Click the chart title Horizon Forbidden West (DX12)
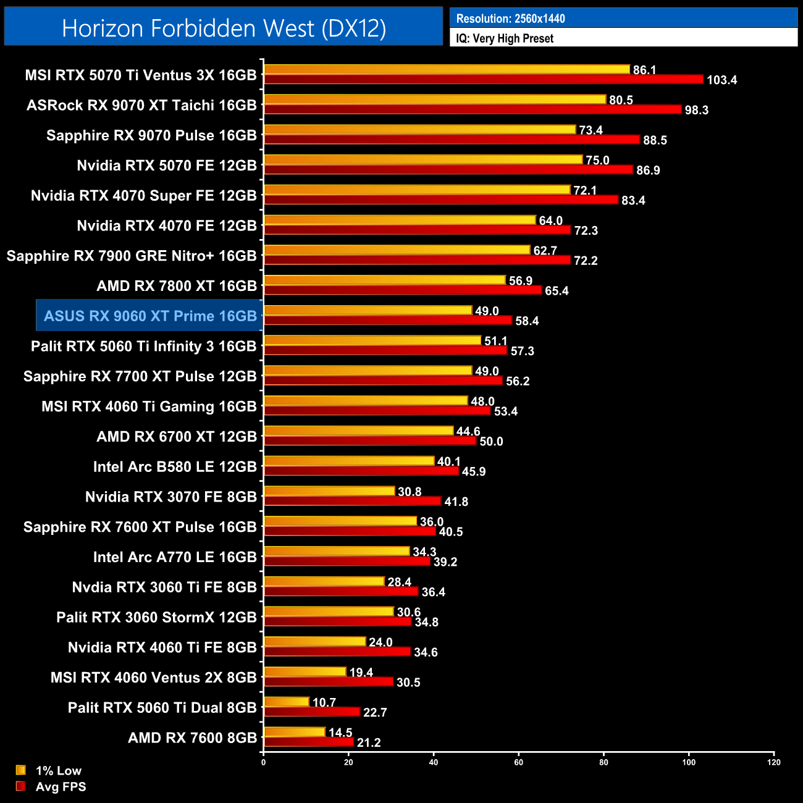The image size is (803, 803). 224,28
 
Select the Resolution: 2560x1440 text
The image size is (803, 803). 510,19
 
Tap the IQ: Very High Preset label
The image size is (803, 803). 505,38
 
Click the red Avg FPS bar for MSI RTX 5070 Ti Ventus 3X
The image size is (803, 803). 483,79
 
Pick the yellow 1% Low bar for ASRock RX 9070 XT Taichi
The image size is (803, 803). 435,99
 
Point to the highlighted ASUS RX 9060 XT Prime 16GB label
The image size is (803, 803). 150,316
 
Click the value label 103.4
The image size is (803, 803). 721,80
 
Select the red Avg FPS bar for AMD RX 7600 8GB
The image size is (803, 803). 308,742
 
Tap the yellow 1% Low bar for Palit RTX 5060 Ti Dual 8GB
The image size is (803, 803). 287,702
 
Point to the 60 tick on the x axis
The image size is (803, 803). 518,762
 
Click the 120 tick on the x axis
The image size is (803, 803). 773,762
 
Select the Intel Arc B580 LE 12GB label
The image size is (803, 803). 175,466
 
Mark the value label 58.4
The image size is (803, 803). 527,321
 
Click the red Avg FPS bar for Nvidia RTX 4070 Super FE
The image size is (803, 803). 440,200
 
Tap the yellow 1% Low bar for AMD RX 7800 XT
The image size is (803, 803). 384,280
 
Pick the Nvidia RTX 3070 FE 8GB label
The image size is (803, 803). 171,497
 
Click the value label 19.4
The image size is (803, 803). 361,672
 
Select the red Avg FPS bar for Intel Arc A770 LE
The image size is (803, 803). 347,561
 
